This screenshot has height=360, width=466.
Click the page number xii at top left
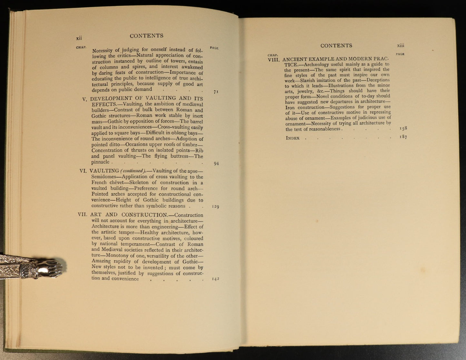pyautogui.click(x=79, y=38)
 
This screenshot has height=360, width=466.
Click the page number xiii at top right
pyautogui.click(x=401, y=46)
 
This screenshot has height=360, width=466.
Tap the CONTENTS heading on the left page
pyautogui.click(x=146, y=36)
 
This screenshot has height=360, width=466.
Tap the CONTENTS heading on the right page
pyautogui.click(x=336, y=46)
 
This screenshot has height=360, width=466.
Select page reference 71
pyautogui.click(x=216, y=92)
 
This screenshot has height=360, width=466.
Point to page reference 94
pyautogui.click(x=216, y=163)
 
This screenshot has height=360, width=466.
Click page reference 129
pyautogui.click(x=215, y=207)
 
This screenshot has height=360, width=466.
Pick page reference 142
pyautogui.click(x=215, y=279)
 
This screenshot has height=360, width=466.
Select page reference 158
pyautogui.click(x=403, y=128)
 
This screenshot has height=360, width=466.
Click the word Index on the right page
pyautogui.click(x=292, y=138)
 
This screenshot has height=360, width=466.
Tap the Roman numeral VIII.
pyautogui.click(x=274, y=60)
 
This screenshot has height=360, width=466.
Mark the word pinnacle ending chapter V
pyautogui.click(x=100, y=162)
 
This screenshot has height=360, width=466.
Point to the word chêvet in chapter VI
pyautogui.click(x=115, y=183)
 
